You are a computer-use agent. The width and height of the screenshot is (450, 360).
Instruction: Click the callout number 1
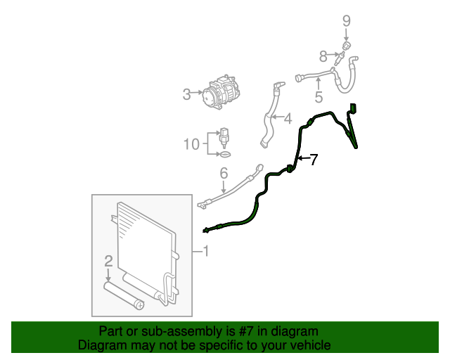click(x=206, y=250)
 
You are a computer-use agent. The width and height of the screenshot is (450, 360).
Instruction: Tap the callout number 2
click(x=108, y=262)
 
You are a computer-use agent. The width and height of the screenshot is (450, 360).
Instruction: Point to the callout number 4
click(x=288, y=117)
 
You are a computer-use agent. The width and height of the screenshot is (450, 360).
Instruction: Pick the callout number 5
click(x=319, y=97)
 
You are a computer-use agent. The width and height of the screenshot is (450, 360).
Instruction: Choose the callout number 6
click(x=224, y=173)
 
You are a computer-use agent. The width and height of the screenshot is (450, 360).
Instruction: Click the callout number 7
click(x=314, y=160)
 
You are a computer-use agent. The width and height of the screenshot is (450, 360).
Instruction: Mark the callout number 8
click(x=323, y=56)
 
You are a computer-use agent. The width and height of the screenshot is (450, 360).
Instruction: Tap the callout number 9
click(x=346, y=20)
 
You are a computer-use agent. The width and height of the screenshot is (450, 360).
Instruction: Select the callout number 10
click(x=192, y=144)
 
